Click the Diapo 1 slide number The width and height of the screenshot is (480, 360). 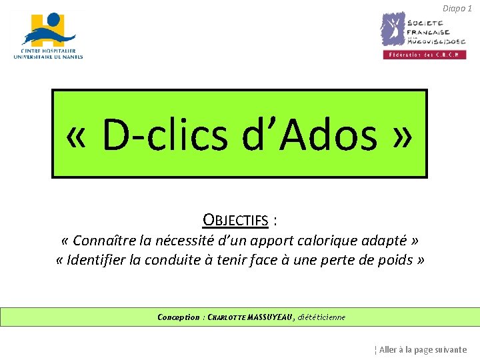(x=457, y=8)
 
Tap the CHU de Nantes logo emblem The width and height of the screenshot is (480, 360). (x=49, y=29)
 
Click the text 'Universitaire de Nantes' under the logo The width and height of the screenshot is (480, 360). (x=48, y=57)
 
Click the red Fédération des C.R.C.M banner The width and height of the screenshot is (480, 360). (x=423, y=55)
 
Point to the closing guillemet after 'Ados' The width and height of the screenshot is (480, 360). (x=403, y=135)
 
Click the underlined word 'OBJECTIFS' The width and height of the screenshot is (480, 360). (x=235, y=220)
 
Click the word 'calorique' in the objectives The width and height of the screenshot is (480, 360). (x=339, y=240)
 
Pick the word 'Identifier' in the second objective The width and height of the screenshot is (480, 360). (x=99, y=260)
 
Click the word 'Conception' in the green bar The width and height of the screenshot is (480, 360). (x=178, y=317)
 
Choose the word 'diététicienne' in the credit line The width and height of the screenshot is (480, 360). (x=321, y=317)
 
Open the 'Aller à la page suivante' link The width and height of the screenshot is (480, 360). (x=422, y=349)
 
